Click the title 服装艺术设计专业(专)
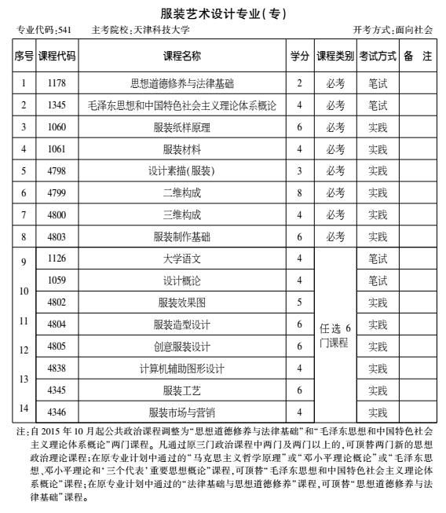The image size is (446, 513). click(x=223, y=13)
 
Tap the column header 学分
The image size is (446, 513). click(x=298, y=56)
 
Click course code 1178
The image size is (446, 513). click(x=57, y=82)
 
